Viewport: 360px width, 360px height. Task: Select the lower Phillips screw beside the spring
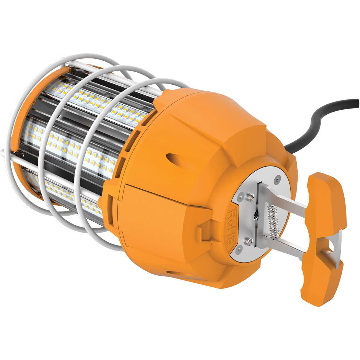(248, 240)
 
